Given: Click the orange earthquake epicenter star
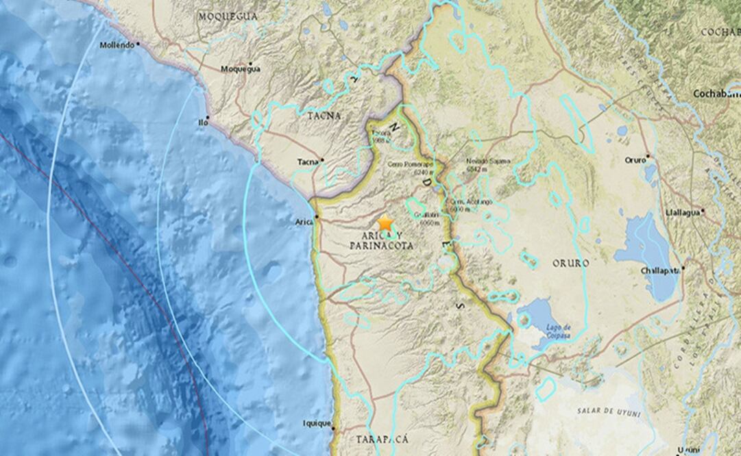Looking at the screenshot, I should pos(385,224).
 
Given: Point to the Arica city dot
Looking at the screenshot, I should pos(317,217).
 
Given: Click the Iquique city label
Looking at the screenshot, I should pos(317,423).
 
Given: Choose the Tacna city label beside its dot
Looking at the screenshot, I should pos(307,162).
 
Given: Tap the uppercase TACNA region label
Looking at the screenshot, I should pos(324,116).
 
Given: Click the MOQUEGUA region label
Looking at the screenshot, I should pos(228,15).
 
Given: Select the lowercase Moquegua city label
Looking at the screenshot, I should pos(240,68).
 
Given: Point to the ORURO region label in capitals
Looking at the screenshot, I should pos(569,262).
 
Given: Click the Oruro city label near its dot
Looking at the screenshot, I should pos(635,160).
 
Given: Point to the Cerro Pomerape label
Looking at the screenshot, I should pos(410,165).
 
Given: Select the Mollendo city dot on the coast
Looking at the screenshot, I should pos(138,43).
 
